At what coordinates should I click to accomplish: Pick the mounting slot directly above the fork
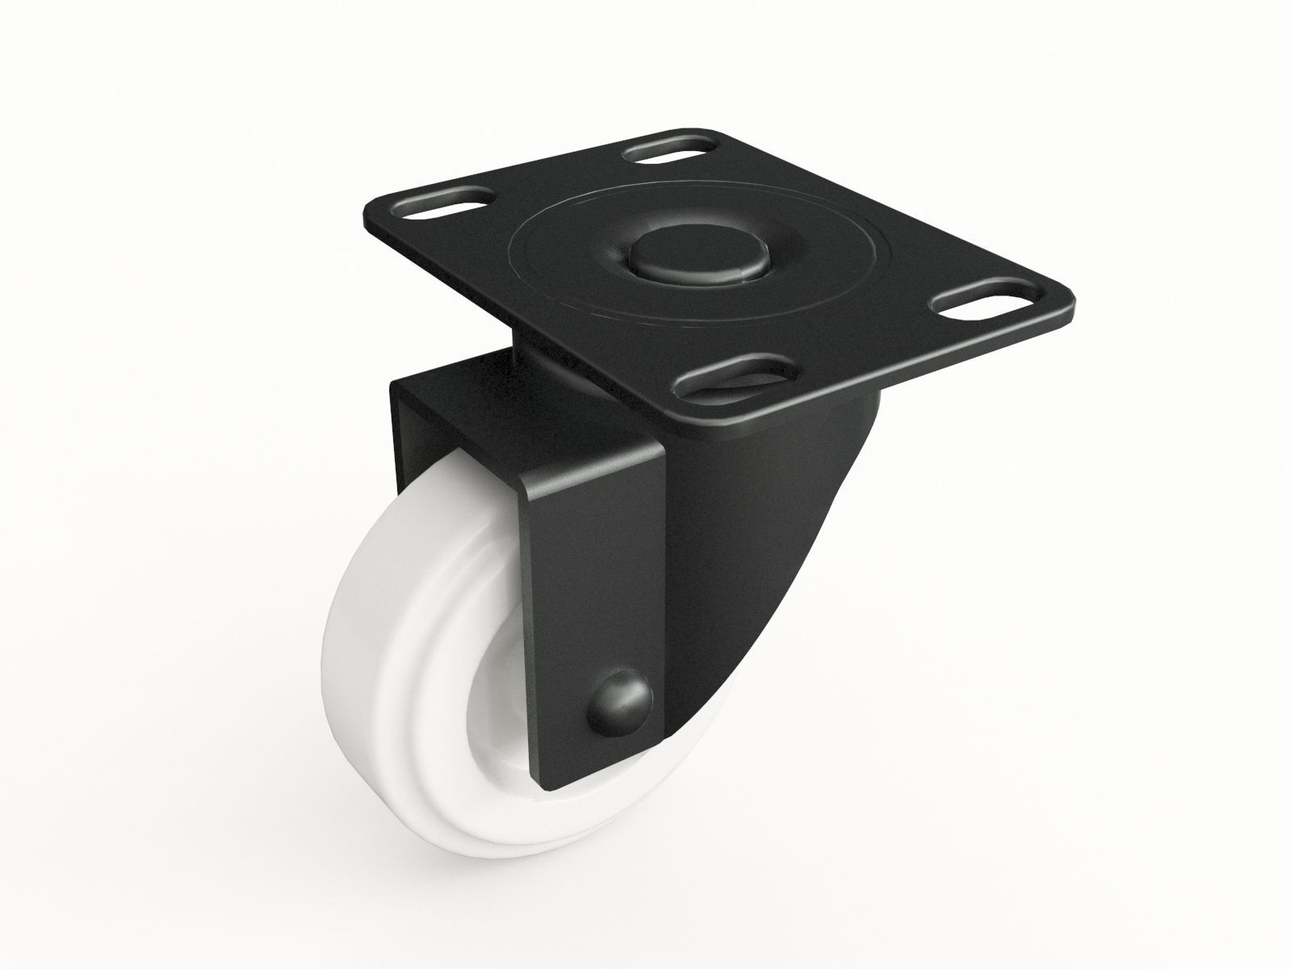coord(737,377)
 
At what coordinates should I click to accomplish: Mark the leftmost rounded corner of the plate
coord(365,215)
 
